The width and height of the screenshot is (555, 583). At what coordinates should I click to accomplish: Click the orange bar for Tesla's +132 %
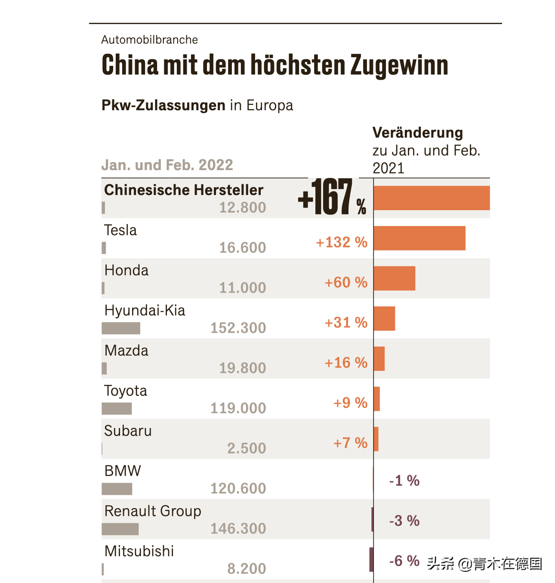click(x=419, y=238)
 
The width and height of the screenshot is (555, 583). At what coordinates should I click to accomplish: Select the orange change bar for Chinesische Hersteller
click(x=432, y=198)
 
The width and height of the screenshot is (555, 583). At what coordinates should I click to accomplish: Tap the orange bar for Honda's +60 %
click(x=395, y=278)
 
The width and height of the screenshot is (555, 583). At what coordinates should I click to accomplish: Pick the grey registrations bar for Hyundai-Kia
click(x=121, y=328)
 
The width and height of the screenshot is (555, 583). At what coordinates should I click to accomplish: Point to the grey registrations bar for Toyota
click(x=117, y=409)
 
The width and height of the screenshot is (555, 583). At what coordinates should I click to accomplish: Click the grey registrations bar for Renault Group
click(x=120, y=529)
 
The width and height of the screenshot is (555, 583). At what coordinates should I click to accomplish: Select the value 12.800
click(x=243, y=208)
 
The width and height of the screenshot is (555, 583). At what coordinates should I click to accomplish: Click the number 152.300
click(x=238, y=328)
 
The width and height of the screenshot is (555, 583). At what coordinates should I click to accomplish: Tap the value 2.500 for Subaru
click(x=247, y=448)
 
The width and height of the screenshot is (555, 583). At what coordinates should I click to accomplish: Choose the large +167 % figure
click(x=332, y=198)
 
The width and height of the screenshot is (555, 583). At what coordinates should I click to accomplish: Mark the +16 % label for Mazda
click(x=346, y=363)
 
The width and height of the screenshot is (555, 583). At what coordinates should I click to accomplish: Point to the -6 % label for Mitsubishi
click(x=404, y=561)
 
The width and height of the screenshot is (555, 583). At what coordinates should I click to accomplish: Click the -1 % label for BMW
click(x=404, y=481)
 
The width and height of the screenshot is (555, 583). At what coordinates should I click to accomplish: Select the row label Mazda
click(x=126, y=350)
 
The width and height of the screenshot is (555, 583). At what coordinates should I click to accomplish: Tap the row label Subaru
click(x=128, y=431)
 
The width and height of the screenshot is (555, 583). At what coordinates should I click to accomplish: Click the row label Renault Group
click(x=153, y=511)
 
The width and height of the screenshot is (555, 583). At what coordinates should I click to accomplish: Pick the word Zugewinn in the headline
click(x=399, y=65)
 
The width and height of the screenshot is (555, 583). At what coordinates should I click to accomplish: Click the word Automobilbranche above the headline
click(x=150, y=40)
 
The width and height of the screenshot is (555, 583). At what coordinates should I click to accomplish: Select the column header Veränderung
click(x=417, y=133)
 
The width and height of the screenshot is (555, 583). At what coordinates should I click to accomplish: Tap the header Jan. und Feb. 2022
click(x=167, y=165)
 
